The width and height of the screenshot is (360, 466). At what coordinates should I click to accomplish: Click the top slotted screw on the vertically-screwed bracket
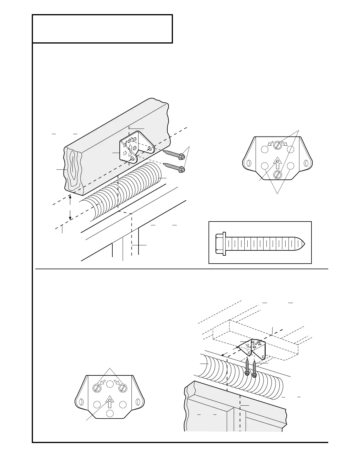[277, 145]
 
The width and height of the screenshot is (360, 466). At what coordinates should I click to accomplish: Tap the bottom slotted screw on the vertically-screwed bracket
[277, 174]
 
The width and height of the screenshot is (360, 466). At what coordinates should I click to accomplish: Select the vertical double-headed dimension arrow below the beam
[70, 207]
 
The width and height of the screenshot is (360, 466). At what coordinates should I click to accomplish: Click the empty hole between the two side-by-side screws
[110, 383]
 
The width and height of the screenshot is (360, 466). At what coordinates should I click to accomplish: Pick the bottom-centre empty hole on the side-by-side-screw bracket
[110, 413]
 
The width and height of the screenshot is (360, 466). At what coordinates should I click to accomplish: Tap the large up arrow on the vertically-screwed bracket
[277, 163]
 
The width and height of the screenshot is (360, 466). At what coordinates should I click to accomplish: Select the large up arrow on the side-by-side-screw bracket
[110, 402]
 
